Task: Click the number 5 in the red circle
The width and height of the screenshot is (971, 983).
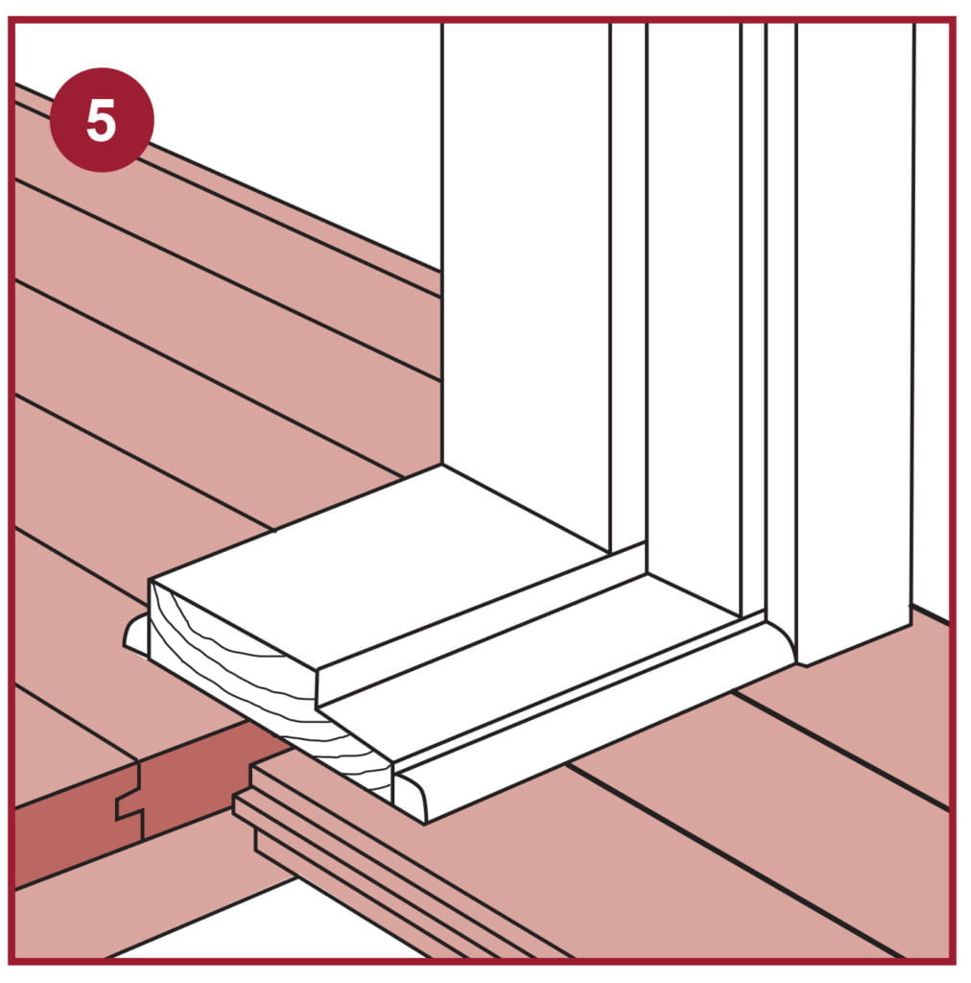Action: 101,120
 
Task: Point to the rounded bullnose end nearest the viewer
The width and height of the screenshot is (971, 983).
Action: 411,796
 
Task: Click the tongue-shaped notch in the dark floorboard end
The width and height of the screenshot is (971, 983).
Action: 130,805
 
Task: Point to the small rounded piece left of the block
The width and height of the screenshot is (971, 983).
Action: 136,635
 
